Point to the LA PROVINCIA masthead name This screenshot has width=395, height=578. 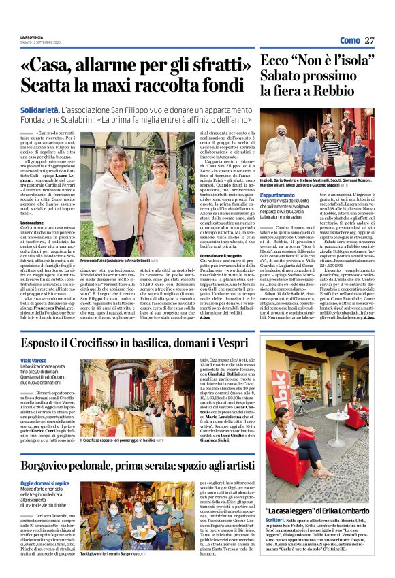[31, 37]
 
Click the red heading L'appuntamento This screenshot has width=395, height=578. [277, 195]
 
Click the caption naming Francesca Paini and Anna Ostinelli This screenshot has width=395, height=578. [122, 261]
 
